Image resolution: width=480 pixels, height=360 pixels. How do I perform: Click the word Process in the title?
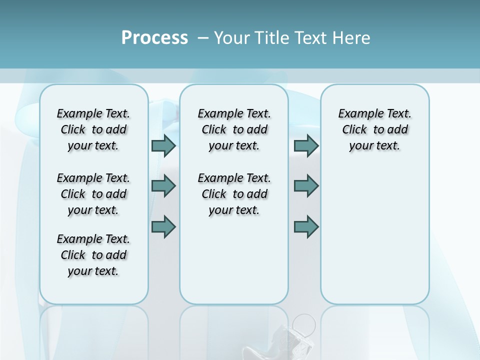pyautogui.click(x=154, y=38)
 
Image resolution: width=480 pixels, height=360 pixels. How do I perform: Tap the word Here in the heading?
pyautogui.click(x=350, y=38)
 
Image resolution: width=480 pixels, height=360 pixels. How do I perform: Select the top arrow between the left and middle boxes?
pyautogui.click(x=163, y=145)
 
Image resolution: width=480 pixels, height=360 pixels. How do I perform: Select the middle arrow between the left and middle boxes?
pyautogui.click(x=163, y=186)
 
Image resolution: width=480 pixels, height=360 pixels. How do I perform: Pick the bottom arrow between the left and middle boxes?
pyautogui.click(x=163, y=226)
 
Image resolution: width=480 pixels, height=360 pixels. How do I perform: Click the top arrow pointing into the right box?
pyautogui.click(x=306, y=145)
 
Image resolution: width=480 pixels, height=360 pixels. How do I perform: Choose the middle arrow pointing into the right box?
pyautogui.click(x=306, y=186)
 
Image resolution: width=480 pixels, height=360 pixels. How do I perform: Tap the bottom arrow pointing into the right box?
pyautogui.click(x=306, y=226)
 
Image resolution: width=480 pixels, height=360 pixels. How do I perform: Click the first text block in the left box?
pyautogui.click(x=93, y=129)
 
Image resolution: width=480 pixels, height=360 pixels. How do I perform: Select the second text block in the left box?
pyautogui.click(x=93, y=194)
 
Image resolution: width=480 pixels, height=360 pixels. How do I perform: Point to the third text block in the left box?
pyautogui.click(x=93, y=255)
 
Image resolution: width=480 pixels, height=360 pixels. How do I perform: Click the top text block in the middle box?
pyautogui.click(x=234, y=129)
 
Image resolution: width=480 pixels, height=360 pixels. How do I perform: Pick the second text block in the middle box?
pyautogui.click(x=234, y=194)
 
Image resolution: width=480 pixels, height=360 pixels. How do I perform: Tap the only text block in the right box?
pyautogui.click(x=374, y=129)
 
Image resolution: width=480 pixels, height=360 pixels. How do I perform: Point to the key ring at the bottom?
pyautogui.click(x=304, y=324)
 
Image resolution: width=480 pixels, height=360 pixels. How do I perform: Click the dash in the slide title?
pyautogui.click(x=203, y=38)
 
